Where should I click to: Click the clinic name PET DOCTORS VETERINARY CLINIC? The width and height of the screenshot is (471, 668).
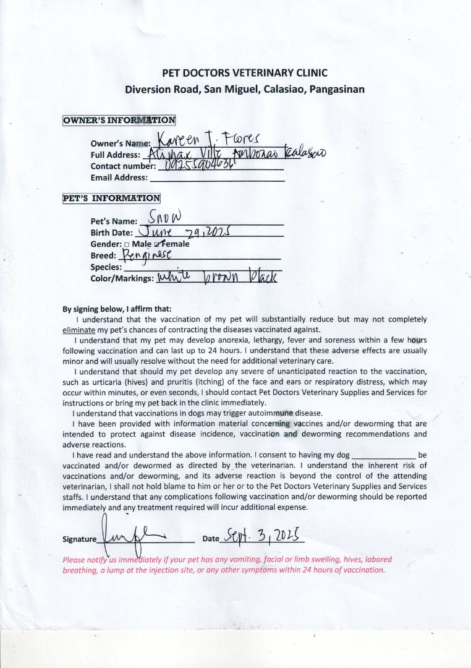coord(244,73)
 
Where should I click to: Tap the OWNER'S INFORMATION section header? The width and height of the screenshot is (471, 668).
coord(119,120)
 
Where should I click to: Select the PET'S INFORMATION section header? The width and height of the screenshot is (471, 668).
coord(111,199)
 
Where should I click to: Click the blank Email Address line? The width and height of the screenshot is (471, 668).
coord(217,178)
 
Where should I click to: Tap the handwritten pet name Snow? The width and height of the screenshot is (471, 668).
coord(162,217)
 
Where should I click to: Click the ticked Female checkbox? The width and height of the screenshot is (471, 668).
coord(157,244)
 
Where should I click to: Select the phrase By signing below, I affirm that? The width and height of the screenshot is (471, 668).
coord(117,309)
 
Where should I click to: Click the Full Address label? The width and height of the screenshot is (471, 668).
coord(116,155)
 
